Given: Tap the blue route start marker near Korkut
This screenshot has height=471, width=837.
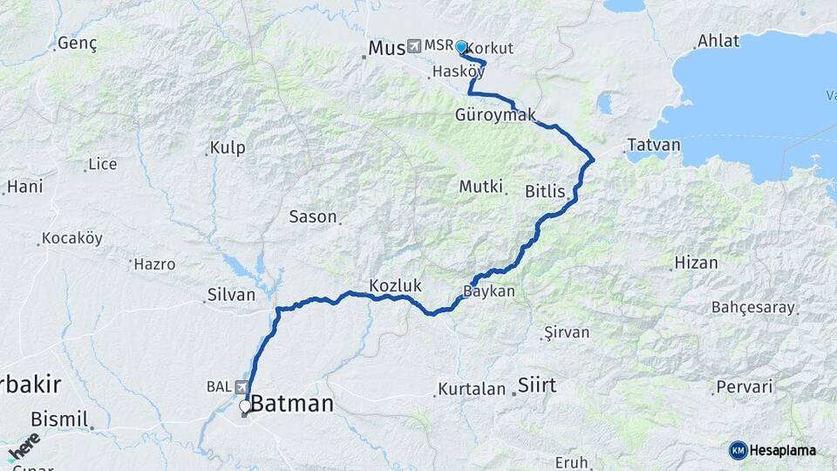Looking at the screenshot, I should (460, 47).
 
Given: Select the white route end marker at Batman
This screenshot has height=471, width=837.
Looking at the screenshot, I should (245, 406).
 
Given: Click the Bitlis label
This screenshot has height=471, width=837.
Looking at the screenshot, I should (546, 191).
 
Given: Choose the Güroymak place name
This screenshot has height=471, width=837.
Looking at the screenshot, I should (494, 115).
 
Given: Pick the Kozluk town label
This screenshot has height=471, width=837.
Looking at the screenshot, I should (395, 285).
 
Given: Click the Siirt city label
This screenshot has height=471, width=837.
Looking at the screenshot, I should (537, 384).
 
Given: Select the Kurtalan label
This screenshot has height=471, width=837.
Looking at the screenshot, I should (472, 389).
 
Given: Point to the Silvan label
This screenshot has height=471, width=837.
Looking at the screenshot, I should (230, 295).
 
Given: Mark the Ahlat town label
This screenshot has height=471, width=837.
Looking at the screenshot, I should (718, 42).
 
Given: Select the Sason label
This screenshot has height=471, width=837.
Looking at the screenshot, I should (313, 216).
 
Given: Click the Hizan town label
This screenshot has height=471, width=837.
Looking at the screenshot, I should (696, 262).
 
